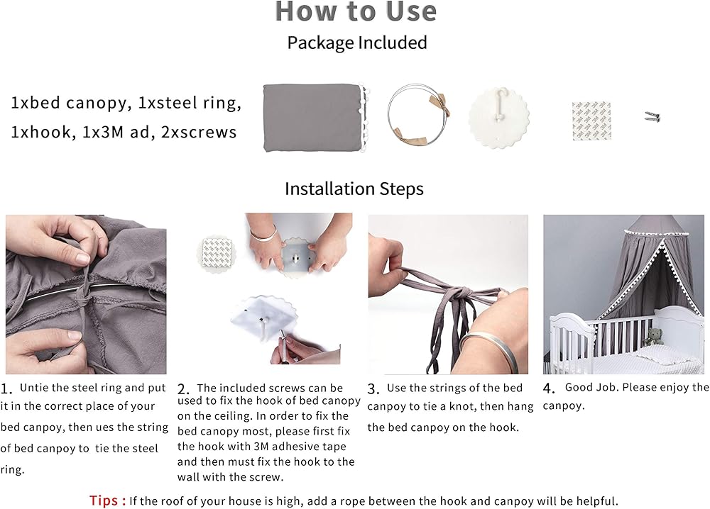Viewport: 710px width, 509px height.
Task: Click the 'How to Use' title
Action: coord(356,11)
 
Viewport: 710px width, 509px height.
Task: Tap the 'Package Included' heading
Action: coord(357,43)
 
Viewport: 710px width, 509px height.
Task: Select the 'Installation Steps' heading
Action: coord(354,189)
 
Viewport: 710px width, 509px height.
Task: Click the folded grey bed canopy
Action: coord(313,118)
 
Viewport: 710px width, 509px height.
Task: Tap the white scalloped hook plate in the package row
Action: coord(498,118)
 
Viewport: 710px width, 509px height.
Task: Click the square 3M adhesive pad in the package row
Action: coord(591,121)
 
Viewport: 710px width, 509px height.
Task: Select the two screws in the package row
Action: coord(652,117)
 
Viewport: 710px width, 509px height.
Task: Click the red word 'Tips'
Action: coord(104,500)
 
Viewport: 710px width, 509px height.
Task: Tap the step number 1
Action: coord(6,388)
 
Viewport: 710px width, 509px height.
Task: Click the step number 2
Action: coord(183,389)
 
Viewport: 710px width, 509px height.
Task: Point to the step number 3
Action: coord(373,388)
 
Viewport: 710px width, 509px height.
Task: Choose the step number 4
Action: coord(548,388)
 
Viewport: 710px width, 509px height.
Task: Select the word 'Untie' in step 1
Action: coord(32,388)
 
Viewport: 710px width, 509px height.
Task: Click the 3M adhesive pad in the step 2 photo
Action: coord(217,253)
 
